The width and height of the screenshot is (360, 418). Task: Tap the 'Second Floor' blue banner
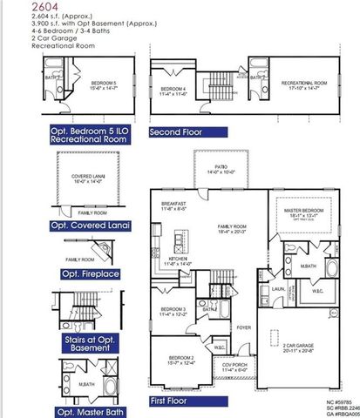point(187,133)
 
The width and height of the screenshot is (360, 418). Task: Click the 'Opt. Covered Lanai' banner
point(90,226)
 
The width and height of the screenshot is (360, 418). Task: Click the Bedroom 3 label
point(173,312)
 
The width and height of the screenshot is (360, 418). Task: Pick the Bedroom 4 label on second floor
point(174,90)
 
